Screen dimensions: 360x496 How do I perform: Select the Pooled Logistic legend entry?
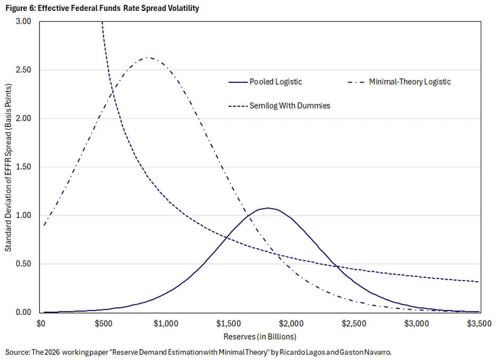(276, 82)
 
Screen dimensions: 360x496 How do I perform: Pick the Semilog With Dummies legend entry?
(289, 106)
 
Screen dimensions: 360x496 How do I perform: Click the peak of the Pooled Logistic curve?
(268, 208)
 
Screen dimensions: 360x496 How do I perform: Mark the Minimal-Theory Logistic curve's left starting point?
(44, 225)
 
